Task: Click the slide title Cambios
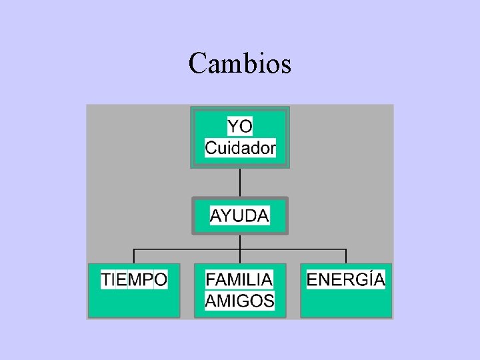click(239, 64)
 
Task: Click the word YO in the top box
click(240, 127)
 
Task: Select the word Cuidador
click(240, 148)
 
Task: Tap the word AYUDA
click(240, 216)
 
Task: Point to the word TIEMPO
click(134, 279)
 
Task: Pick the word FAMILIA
click(239, 279)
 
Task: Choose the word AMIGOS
click(239, 301)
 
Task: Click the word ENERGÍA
click(345, 279)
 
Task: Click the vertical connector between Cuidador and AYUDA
click(240, 182)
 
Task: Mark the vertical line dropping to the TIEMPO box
click(135, 256)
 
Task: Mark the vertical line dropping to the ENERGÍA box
click(346, 256)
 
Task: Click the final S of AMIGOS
click(268, 301)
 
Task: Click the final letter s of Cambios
click(286, 65)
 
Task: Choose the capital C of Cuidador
click(211, 148)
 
